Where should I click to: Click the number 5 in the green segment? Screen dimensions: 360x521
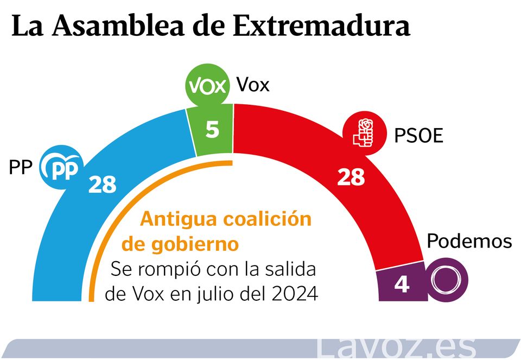(x=213, y=130)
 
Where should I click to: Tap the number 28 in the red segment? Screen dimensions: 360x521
(x=351, y=177)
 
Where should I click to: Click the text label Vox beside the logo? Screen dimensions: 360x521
(x=253, y=85)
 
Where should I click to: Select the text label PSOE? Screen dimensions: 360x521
(x=418, y=135)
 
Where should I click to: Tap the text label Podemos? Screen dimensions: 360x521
(x=469, y=241)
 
